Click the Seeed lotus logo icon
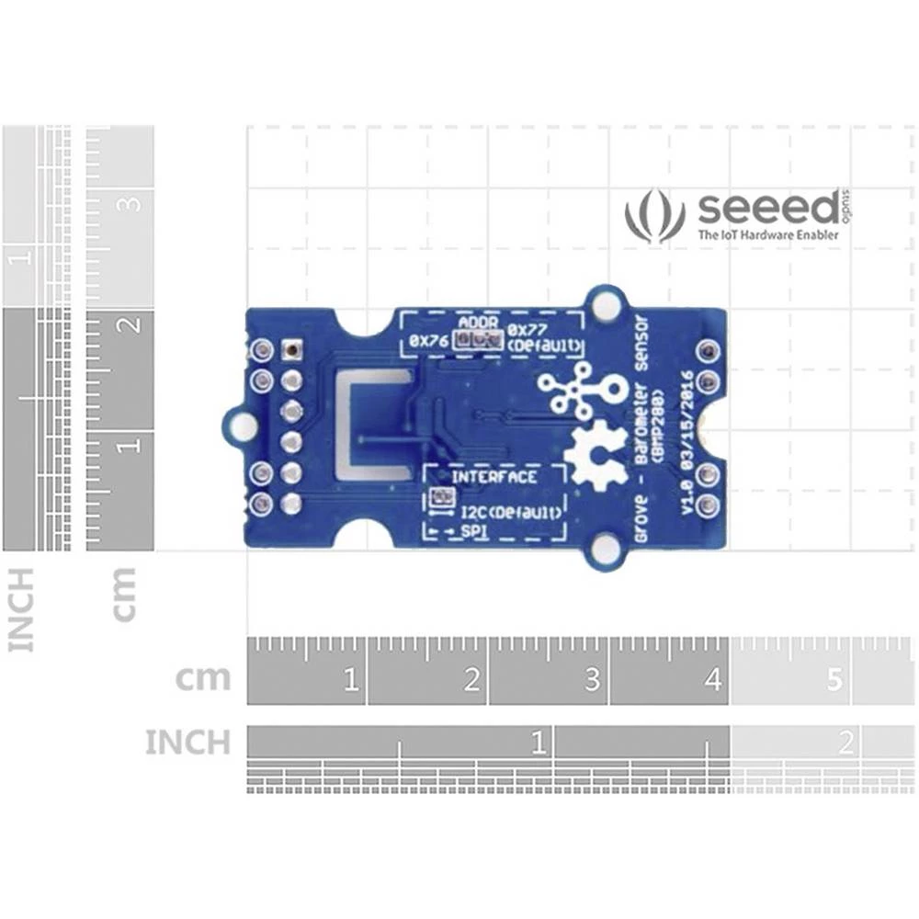(x=654, y=217)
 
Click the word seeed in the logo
(x=766, y=209)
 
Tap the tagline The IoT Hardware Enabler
(x=768, y=235)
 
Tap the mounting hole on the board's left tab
(x=242, y=426)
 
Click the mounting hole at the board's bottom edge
(x=605, y=550)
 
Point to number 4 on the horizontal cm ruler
(x=713, y=681)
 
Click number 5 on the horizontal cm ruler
(x=834, y=681)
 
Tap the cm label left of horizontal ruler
(x=203, y=679)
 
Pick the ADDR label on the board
(x=478, y=324)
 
